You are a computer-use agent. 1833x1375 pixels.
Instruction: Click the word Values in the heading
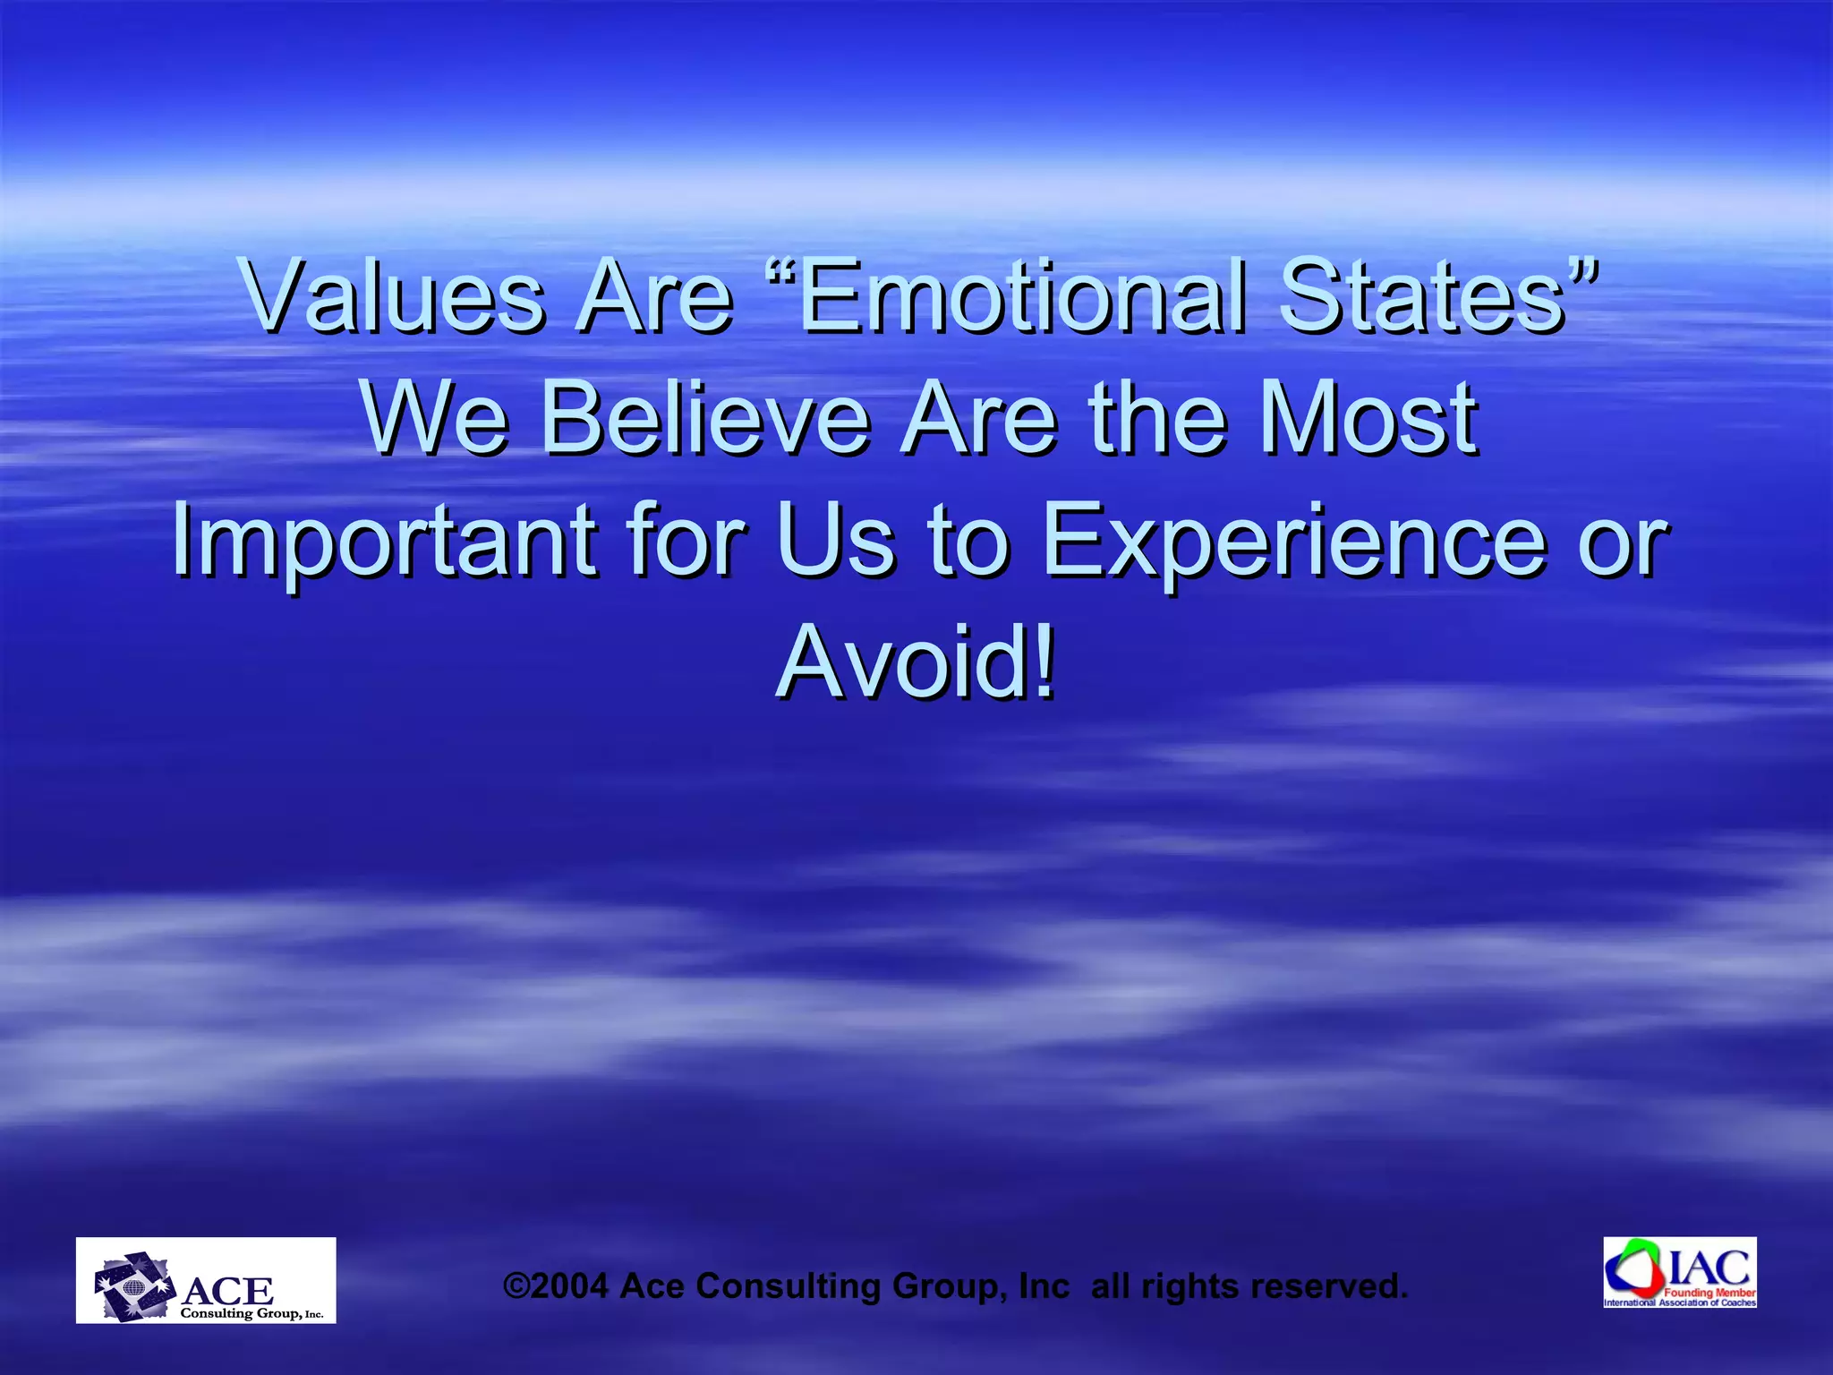(x=394, y=295)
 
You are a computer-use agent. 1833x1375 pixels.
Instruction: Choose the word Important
(x=384, y=540)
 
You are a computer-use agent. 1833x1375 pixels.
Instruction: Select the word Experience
(x=1294, y=540)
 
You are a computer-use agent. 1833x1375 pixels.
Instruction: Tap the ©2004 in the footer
(x=556, y=1285)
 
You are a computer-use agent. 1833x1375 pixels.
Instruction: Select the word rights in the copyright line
(x=1190, y=1287)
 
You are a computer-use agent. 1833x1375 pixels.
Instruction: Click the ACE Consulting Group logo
(x=206, y=1280)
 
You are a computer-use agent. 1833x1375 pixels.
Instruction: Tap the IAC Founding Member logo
(x=1680, y=1272)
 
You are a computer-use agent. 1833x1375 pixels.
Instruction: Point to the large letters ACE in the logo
(x=228, y=1290)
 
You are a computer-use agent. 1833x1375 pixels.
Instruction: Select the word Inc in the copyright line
(x=1044, y=1285)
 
